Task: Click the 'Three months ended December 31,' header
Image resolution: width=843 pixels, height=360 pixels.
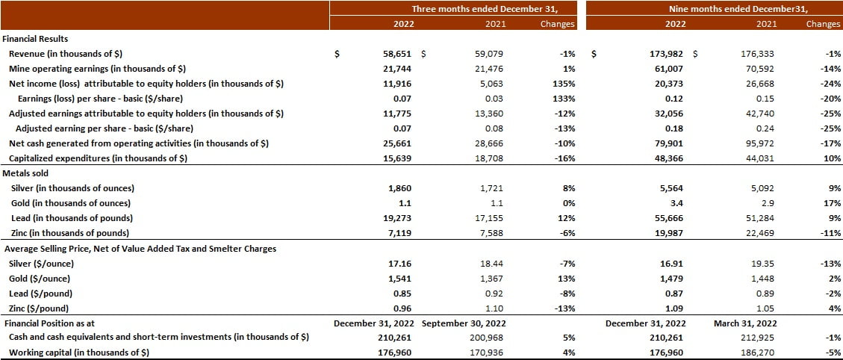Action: [494, 8]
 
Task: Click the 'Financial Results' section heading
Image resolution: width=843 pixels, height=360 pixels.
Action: [35, 38]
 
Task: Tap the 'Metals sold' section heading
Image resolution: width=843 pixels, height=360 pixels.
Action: [26, 173]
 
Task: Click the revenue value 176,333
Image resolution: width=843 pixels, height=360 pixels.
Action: [760, 54]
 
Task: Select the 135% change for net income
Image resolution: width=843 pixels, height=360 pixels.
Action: [564, 84]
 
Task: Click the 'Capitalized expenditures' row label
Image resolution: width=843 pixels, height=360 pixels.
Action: [98, 158]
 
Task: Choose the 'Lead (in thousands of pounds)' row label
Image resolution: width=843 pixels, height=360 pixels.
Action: [72, 218]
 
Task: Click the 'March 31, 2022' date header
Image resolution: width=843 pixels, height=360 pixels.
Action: [745, 323]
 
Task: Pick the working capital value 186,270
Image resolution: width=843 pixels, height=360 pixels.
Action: [760, 353]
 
